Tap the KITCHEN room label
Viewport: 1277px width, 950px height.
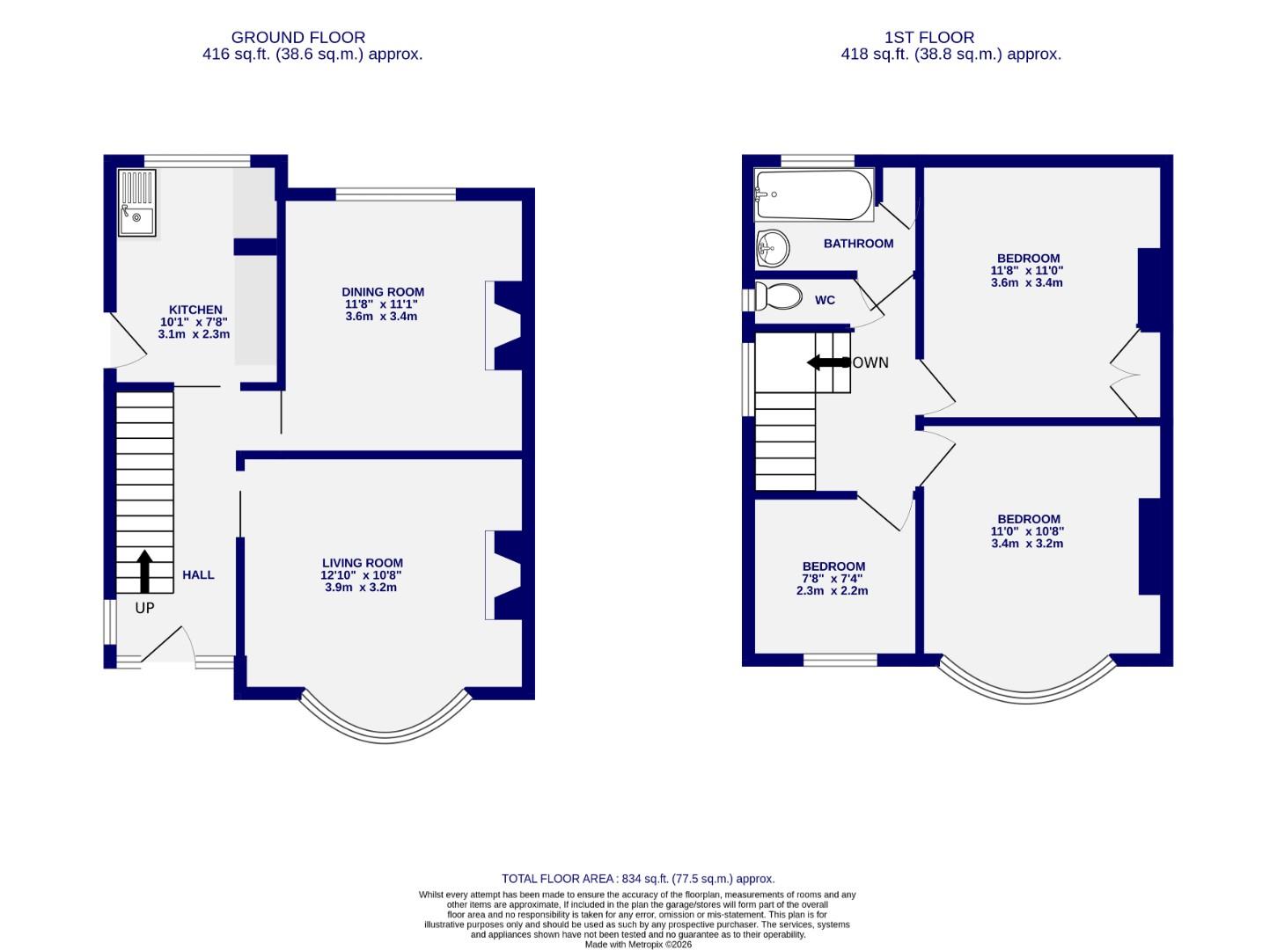[x=195, y=310]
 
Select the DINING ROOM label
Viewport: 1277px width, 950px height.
[x=383, y=292]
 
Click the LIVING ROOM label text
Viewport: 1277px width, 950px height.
[x=362, y=563]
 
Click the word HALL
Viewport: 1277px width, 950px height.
[x=198, y=575]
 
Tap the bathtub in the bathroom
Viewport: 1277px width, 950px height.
[x=812, y=195]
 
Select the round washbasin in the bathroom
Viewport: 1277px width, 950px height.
[x=773, y=248]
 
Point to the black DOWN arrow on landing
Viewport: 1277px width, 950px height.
[x=826, y=362]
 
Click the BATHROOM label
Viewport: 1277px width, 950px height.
[x=858, y=244]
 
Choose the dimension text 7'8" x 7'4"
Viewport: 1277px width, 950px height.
[x=832, y=579]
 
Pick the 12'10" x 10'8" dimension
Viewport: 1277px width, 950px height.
[x=362, y=575]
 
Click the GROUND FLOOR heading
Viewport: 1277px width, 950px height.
[x=297, y=38]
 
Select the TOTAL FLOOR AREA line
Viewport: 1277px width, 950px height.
[x=638, y=879]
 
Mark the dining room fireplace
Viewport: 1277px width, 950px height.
[x=504, y=325]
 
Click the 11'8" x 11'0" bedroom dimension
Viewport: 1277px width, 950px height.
[x=1026, y=271]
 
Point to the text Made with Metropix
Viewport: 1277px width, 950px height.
[x=638, y=944]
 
